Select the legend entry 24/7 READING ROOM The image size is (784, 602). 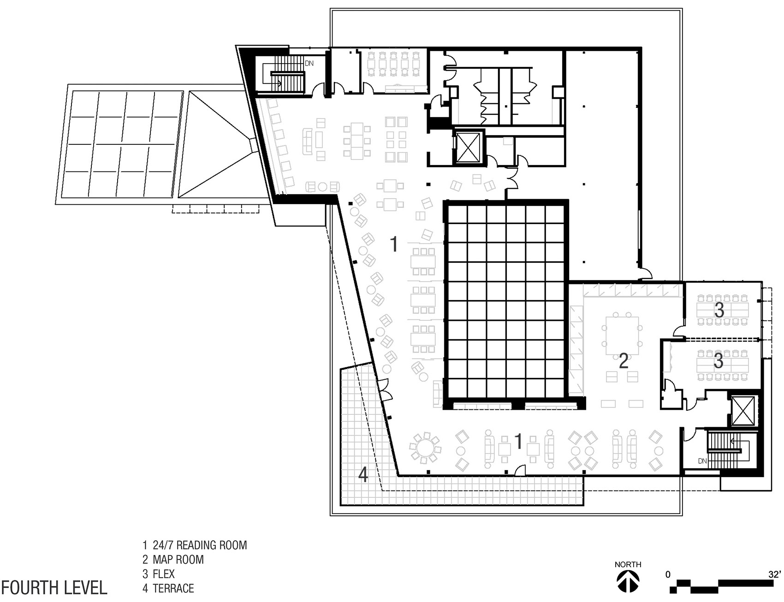195,545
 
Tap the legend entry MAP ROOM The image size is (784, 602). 173,560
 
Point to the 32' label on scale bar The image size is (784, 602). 774,575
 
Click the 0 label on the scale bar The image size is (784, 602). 668,575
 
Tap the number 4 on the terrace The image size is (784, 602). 364,475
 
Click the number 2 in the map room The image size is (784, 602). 624,361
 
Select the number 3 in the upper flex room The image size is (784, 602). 719,310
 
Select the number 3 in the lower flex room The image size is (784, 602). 718,361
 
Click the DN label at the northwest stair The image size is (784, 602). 309,63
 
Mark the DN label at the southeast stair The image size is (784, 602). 702,461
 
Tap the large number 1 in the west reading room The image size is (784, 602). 393,243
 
